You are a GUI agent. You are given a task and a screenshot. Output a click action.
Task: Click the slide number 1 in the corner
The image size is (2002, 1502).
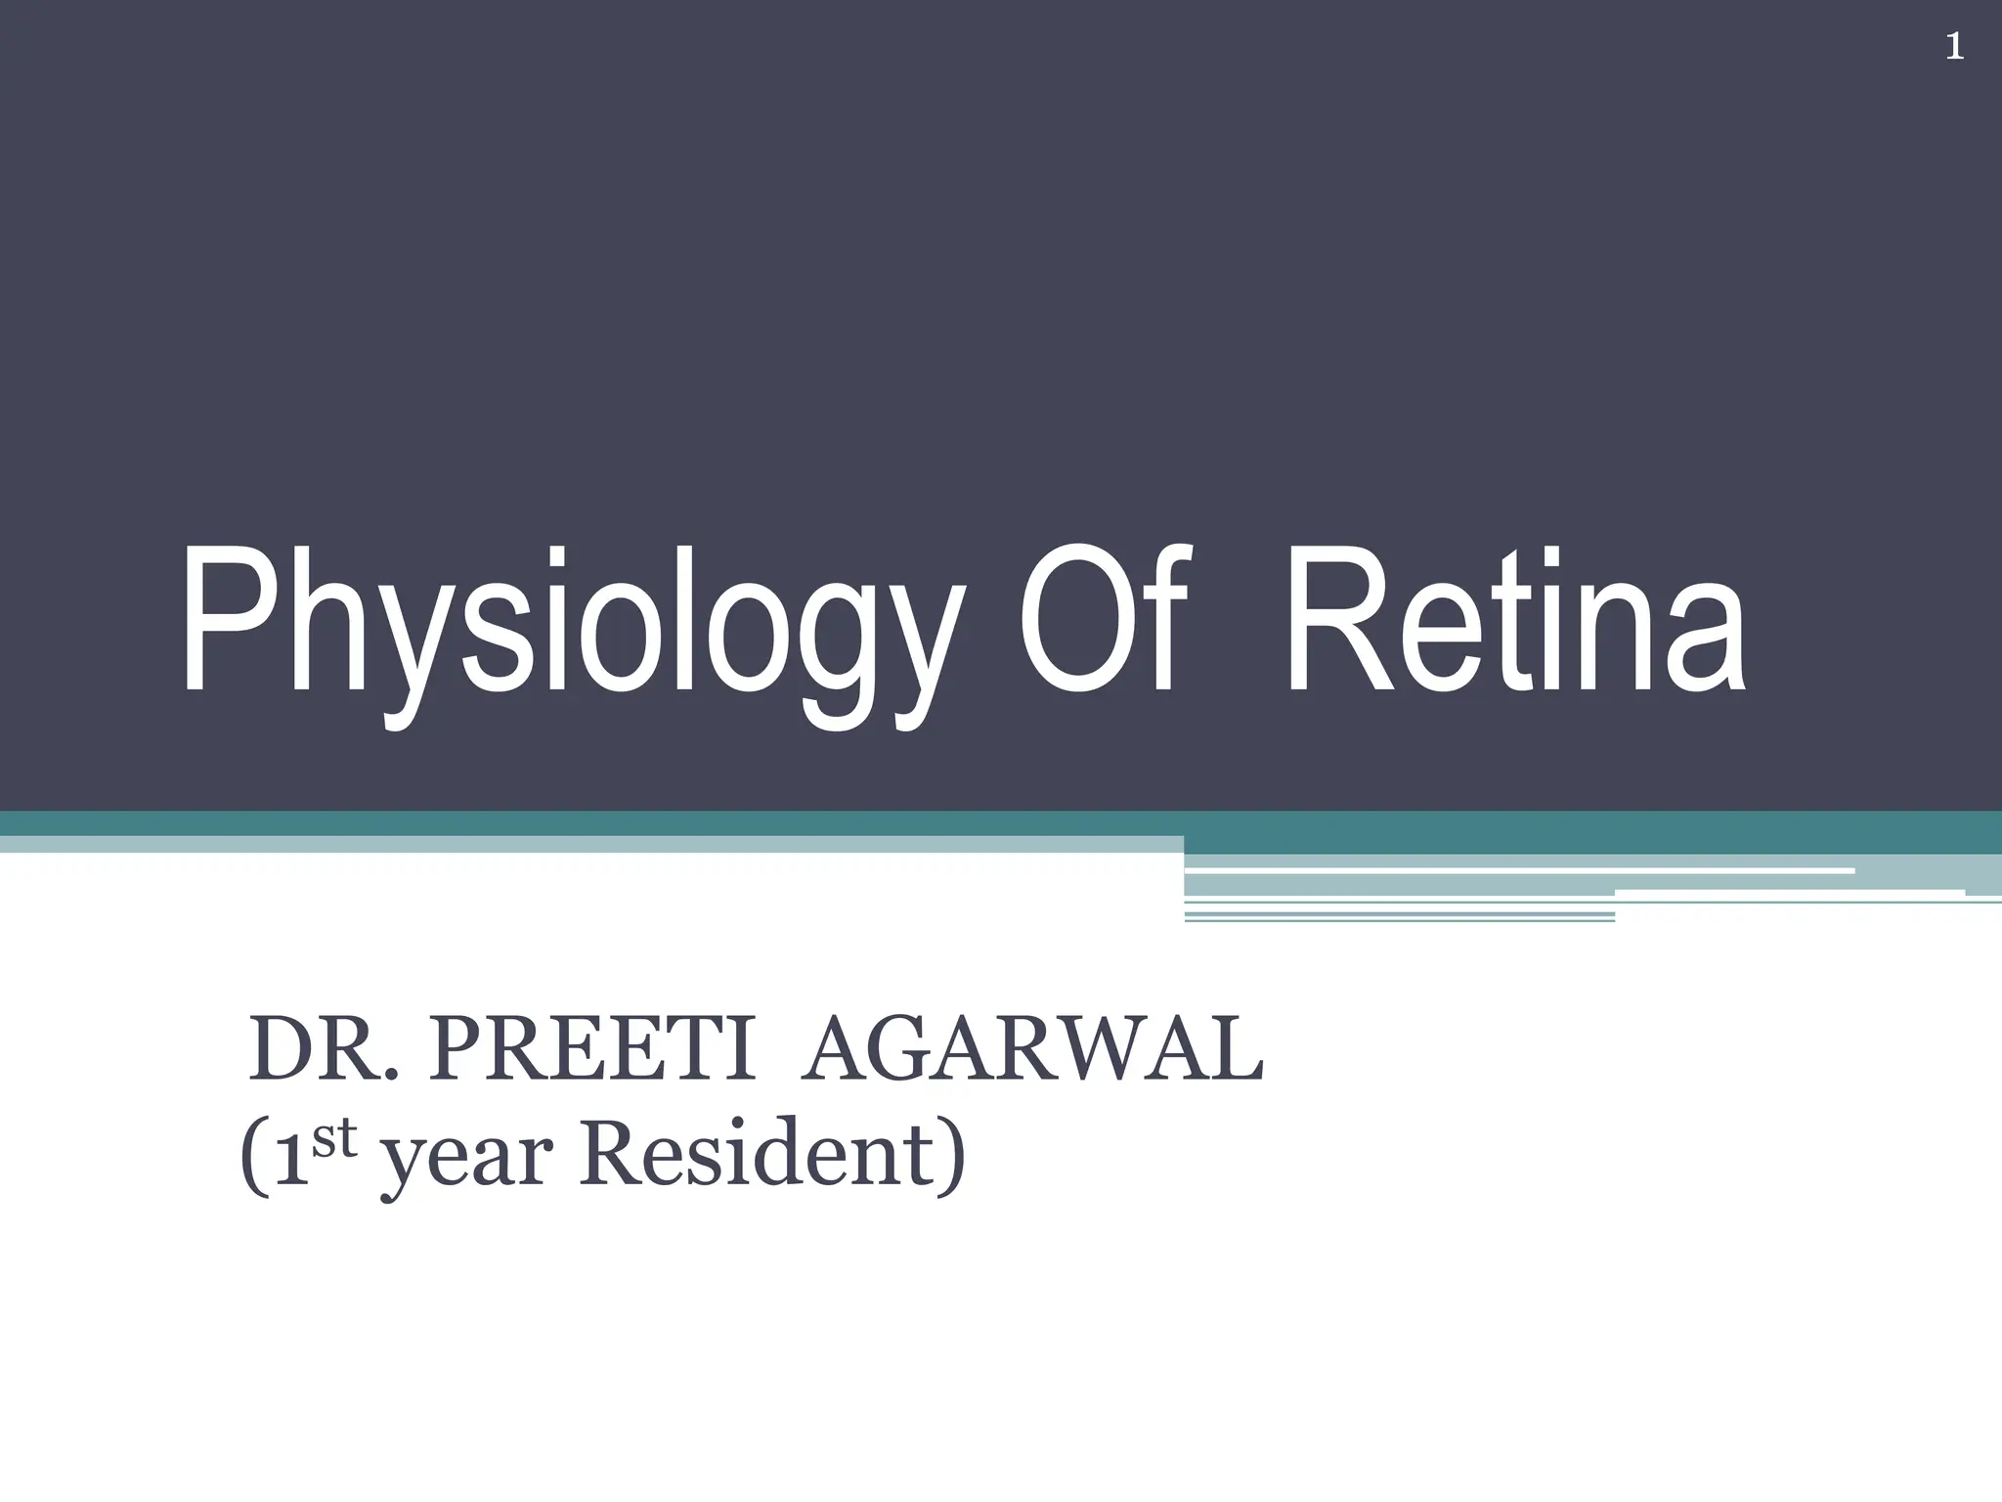tap(1954, 47)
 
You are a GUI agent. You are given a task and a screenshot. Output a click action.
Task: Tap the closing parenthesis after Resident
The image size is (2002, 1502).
tap(952, 1160)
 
